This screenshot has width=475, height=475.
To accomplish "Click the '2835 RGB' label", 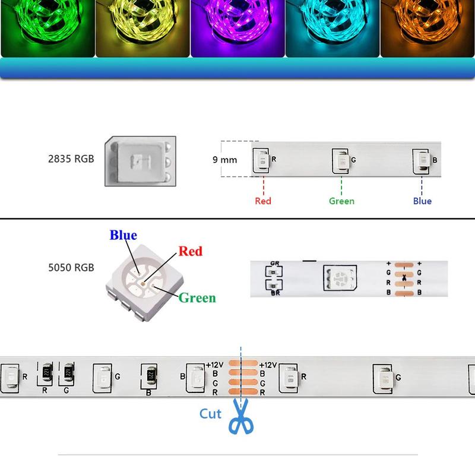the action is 71,159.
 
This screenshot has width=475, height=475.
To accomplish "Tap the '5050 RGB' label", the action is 71,268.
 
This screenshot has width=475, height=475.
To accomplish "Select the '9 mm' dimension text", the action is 225,160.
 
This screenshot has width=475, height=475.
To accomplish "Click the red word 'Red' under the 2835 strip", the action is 263,201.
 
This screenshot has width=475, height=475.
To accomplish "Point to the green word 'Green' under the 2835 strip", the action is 342,201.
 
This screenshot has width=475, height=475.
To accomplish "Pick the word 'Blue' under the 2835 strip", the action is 422,201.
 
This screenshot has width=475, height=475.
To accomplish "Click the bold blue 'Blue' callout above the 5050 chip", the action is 123,235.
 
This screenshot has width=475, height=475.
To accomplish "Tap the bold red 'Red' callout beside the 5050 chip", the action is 190,251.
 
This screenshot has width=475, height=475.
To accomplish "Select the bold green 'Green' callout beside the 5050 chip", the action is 197,298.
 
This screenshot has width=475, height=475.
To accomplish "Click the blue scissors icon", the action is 241,416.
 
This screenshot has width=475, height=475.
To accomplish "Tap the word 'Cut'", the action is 210,414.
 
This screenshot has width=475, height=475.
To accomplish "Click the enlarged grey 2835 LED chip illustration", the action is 140,161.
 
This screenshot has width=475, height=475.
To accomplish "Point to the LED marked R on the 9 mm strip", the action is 261,160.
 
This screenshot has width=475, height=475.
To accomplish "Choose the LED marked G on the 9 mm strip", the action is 340,161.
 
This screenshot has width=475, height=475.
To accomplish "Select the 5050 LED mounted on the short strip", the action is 340,278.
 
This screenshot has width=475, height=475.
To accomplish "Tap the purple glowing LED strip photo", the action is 237,28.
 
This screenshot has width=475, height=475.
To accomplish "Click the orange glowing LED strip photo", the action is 427,28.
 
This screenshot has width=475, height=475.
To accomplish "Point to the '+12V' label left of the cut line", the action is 214,365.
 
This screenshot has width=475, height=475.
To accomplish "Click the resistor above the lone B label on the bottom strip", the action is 151,376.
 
